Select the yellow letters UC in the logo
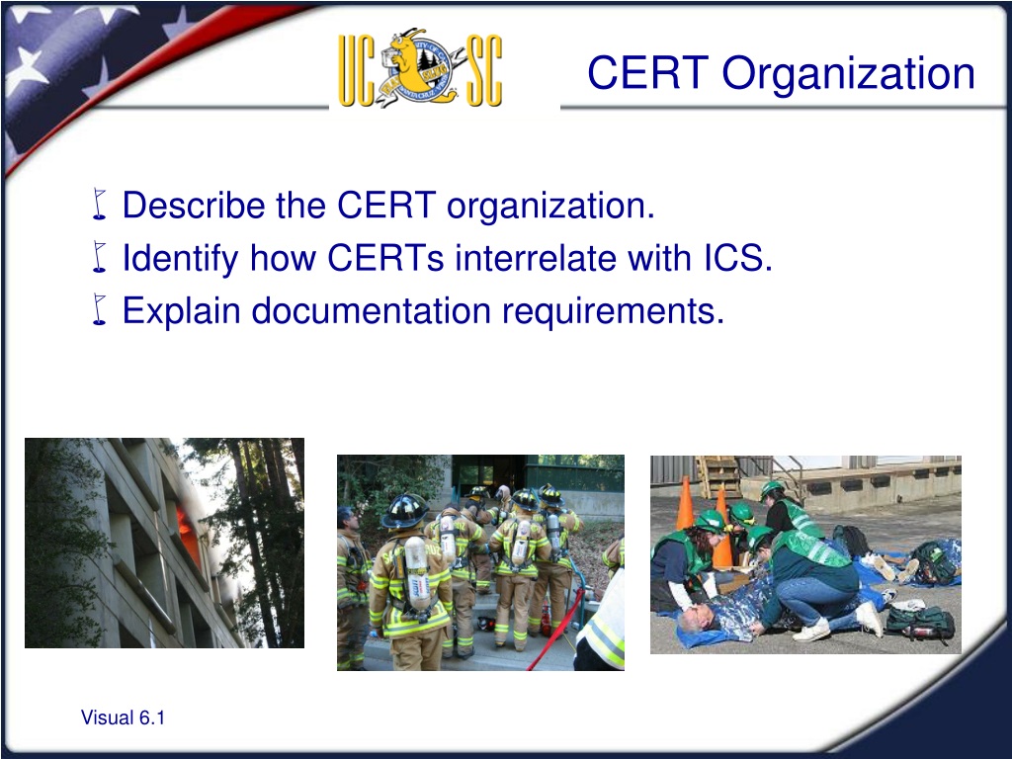pyautogui.click(x=357, y=70)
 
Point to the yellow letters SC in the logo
pyautogui.click(x=484, y=70)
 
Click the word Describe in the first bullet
pyautogui.click(x=194, y=206)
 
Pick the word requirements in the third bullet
pyautogui.click(x=613, y=312)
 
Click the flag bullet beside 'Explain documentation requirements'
pyautogui.click(x=99, y=309)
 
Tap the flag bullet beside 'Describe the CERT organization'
pyautogui.click(x=99, y=204)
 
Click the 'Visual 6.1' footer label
pyautogui.click(x=123, y=717)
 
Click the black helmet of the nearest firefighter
pyautogui.click(x=404, y=510)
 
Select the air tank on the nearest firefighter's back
pyautogui.click(x=417, y=574)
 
